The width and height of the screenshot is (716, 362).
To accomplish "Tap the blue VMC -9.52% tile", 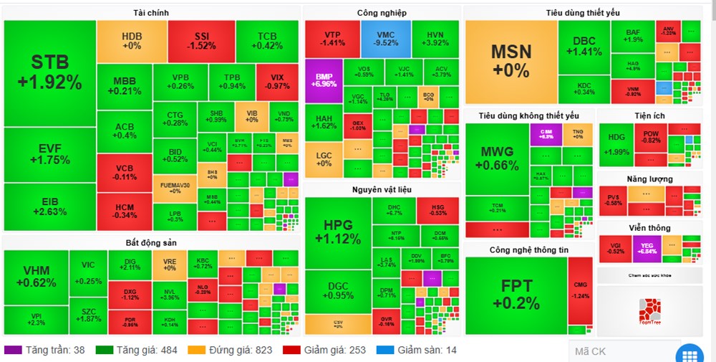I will tap(385, 38).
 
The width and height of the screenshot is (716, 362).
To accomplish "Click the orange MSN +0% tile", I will tap(511, 62).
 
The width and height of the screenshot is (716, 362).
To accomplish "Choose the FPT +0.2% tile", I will tap(516, 295).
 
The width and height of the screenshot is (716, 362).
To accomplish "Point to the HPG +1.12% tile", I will tap(338, 233).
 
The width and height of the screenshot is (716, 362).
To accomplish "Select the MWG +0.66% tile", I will tap(499, 159).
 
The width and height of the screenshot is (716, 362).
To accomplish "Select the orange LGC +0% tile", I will tap(324, 158).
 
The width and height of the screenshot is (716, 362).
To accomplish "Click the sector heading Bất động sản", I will tap(151, 243).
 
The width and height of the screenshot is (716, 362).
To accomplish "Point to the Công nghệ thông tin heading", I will tap(528, 249).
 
